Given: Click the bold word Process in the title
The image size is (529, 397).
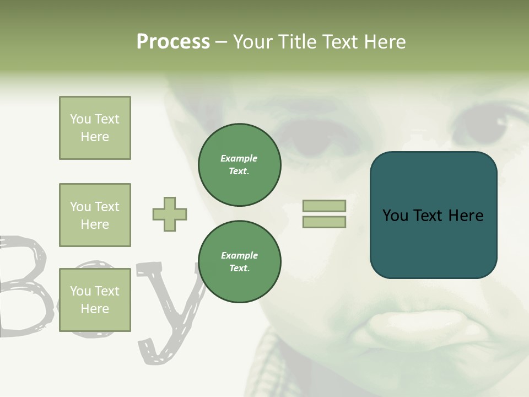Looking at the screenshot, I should click(173, 42).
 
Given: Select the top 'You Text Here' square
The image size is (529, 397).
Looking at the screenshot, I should click(95, 128).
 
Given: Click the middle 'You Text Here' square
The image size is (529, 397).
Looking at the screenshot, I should click(95, 215).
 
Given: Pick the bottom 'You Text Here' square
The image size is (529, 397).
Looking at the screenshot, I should click(95, 299).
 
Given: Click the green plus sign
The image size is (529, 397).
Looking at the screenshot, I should click(170, 214).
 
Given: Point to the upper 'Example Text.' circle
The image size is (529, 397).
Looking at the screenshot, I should click(240, 165).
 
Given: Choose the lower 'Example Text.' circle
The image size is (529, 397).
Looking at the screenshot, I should click(240, 262).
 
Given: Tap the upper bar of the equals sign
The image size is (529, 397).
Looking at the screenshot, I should click(324, 206).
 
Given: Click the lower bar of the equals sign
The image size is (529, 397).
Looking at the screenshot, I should click(324, 222).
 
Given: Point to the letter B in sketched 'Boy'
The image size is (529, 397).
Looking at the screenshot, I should click(25, 287).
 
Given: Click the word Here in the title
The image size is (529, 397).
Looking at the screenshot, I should click(386, 42).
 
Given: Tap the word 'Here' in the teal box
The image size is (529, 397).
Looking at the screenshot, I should click(466, 216).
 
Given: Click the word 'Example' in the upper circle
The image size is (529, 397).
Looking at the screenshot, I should click(239, 159).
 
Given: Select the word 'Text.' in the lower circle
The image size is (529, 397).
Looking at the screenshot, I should click(239, 269).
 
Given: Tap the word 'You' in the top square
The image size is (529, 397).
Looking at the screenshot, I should click(80, 119).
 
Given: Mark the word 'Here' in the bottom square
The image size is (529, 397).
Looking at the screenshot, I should click(95, 309).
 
